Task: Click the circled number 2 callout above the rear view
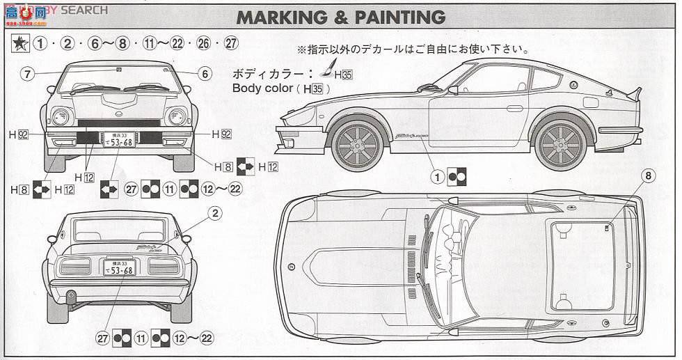pyautogui.click(x=216, y=214)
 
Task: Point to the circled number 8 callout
pyautogui.click(x=648, y=176)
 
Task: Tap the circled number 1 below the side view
pyautogui.click(x=438, y=177)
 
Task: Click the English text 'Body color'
pyautogui.click(x=261, y=89)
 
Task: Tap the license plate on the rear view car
pyautogui.click(x=120, y=267)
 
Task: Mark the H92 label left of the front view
pyautogui.click(x=19, y=133)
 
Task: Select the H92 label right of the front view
pyautogui.click(x=221, y=133)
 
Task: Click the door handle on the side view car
pyautogui.click(x=514, y=109)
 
